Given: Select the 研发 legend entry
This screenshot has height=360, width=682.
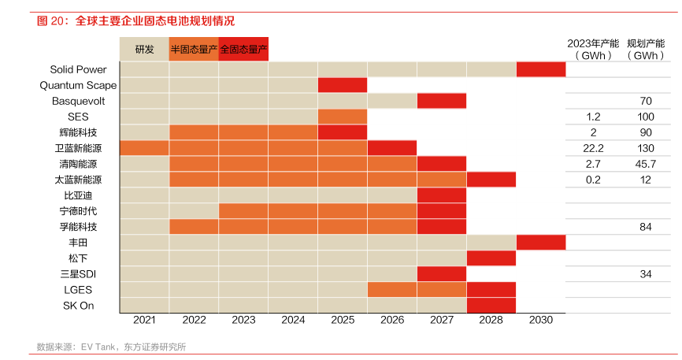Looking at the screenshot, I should point(144,49).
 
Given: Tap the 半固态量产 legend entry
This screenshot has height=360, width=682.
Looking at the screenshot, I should point(194,49).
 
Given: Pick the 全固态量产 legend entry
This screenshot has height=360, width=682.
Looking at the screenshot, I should point(243,49).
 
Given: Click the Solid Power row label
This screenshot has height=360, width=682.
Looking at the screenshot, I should point(78,69).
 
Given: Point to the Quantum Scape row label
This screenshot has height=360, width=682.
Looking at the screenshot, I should point(78,85).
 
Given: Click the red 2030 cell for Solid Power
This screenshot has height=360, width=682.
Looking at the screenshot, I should point(541,69).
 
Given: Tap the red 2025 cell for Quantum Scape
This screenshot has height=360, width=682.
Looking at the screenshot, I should point(343,85).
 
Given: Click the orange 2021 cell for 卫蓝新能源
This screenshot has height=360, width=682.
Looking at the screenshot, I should point(144,148).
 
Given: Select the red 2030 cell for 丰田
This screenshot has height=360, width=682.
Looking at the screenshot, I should point(541,243).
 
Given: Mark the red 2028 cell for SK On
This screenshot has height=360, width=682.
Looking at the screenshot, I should point(491,306).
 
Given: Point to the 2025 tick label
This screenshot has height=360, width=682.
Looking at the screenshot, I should point(343,320).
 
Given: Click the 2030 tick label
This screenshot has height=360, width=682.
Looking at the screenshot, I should point(541,320).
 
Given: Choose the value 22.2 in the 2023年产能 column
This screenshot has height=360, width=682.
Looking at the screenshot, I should point(594,148).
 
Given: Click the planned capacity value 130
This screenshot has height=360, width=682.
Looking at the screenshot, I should point(646,148).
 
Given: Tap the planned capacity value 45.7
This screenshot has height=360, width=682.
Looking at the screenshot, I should point(646,164).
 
